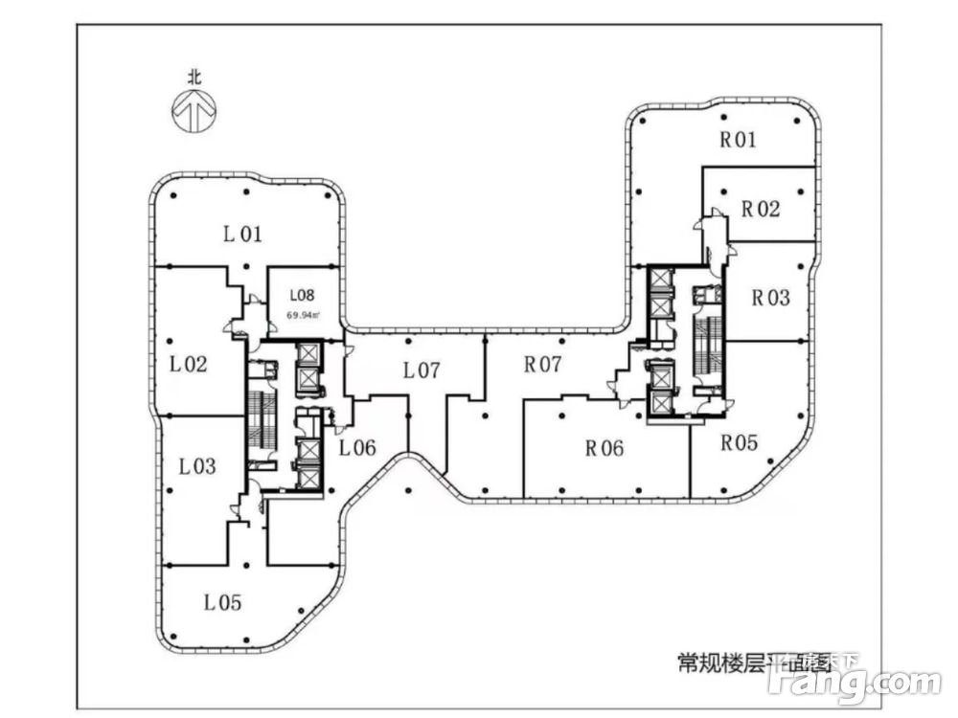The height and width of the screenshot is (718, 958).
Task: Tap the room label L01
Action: tap(242, 233)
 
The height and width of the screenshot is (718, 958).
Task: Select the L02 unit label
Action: tap(189, 364)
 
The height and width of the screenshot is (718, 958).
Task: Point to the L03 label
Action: tap(197, 467)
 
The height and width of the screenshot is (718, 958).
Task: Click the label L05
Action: tap(222, 603)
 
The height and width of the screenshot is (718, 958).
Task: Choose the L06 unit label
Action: tap(356, 447)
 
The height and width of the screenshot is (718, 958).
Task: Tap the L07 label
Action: tap(421, 370)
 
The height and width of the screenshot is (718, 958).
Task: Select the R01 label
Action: tap(739, 140)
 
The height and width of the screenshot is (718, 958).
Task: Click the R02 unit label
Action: tap(761, 209)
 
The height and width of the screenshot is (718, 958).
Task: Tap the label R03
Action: tap(770, 298)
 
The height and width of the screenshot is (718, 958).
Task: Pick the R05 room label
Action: tap(740, 443)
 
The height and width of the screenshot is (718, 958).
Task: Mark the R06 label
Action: tap(604, 447)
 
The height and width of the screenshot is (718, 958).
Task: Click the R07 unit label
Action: tap(542, 365)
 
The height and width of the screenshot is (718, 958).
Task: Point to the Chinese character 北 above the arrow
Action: tap(194, 80)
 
